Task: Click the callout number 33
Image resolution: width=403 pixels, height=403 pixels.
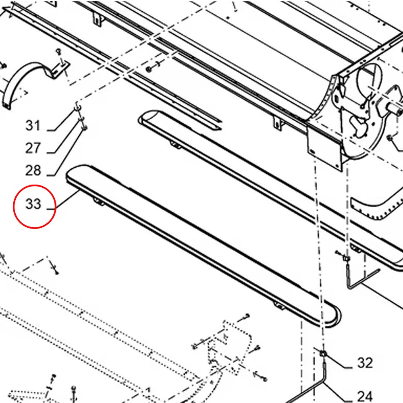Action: click(x=33, y=204)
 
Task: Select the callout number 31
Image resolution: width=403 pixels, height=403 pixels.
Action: click(x=33, y=125)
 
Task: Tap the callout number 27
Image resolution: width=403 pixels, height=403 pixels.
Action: click(x=33, y=148)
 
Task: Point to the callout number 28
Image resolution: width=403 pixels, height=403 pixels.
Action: click(x=33, y=170)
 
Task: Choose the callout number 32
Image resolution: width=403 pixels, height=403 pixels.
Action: click(x=365, y=363)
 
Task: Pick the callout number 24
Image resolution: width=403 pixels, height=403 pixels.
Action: click(x=365, y=397)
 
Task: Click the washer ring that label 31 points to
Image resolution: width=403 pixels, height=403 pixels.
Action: click(x=78, y=107)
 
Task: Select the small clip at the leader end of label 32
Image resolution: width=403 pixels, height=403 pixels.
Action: click(x=323, y=354)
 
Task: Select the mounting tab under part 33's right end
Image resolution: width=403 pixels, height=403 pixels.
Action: click(x=279, y=305)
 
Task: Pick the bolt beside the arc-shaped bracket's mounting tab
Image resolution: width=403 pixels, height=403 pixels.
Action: click(x=59, y=52)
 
